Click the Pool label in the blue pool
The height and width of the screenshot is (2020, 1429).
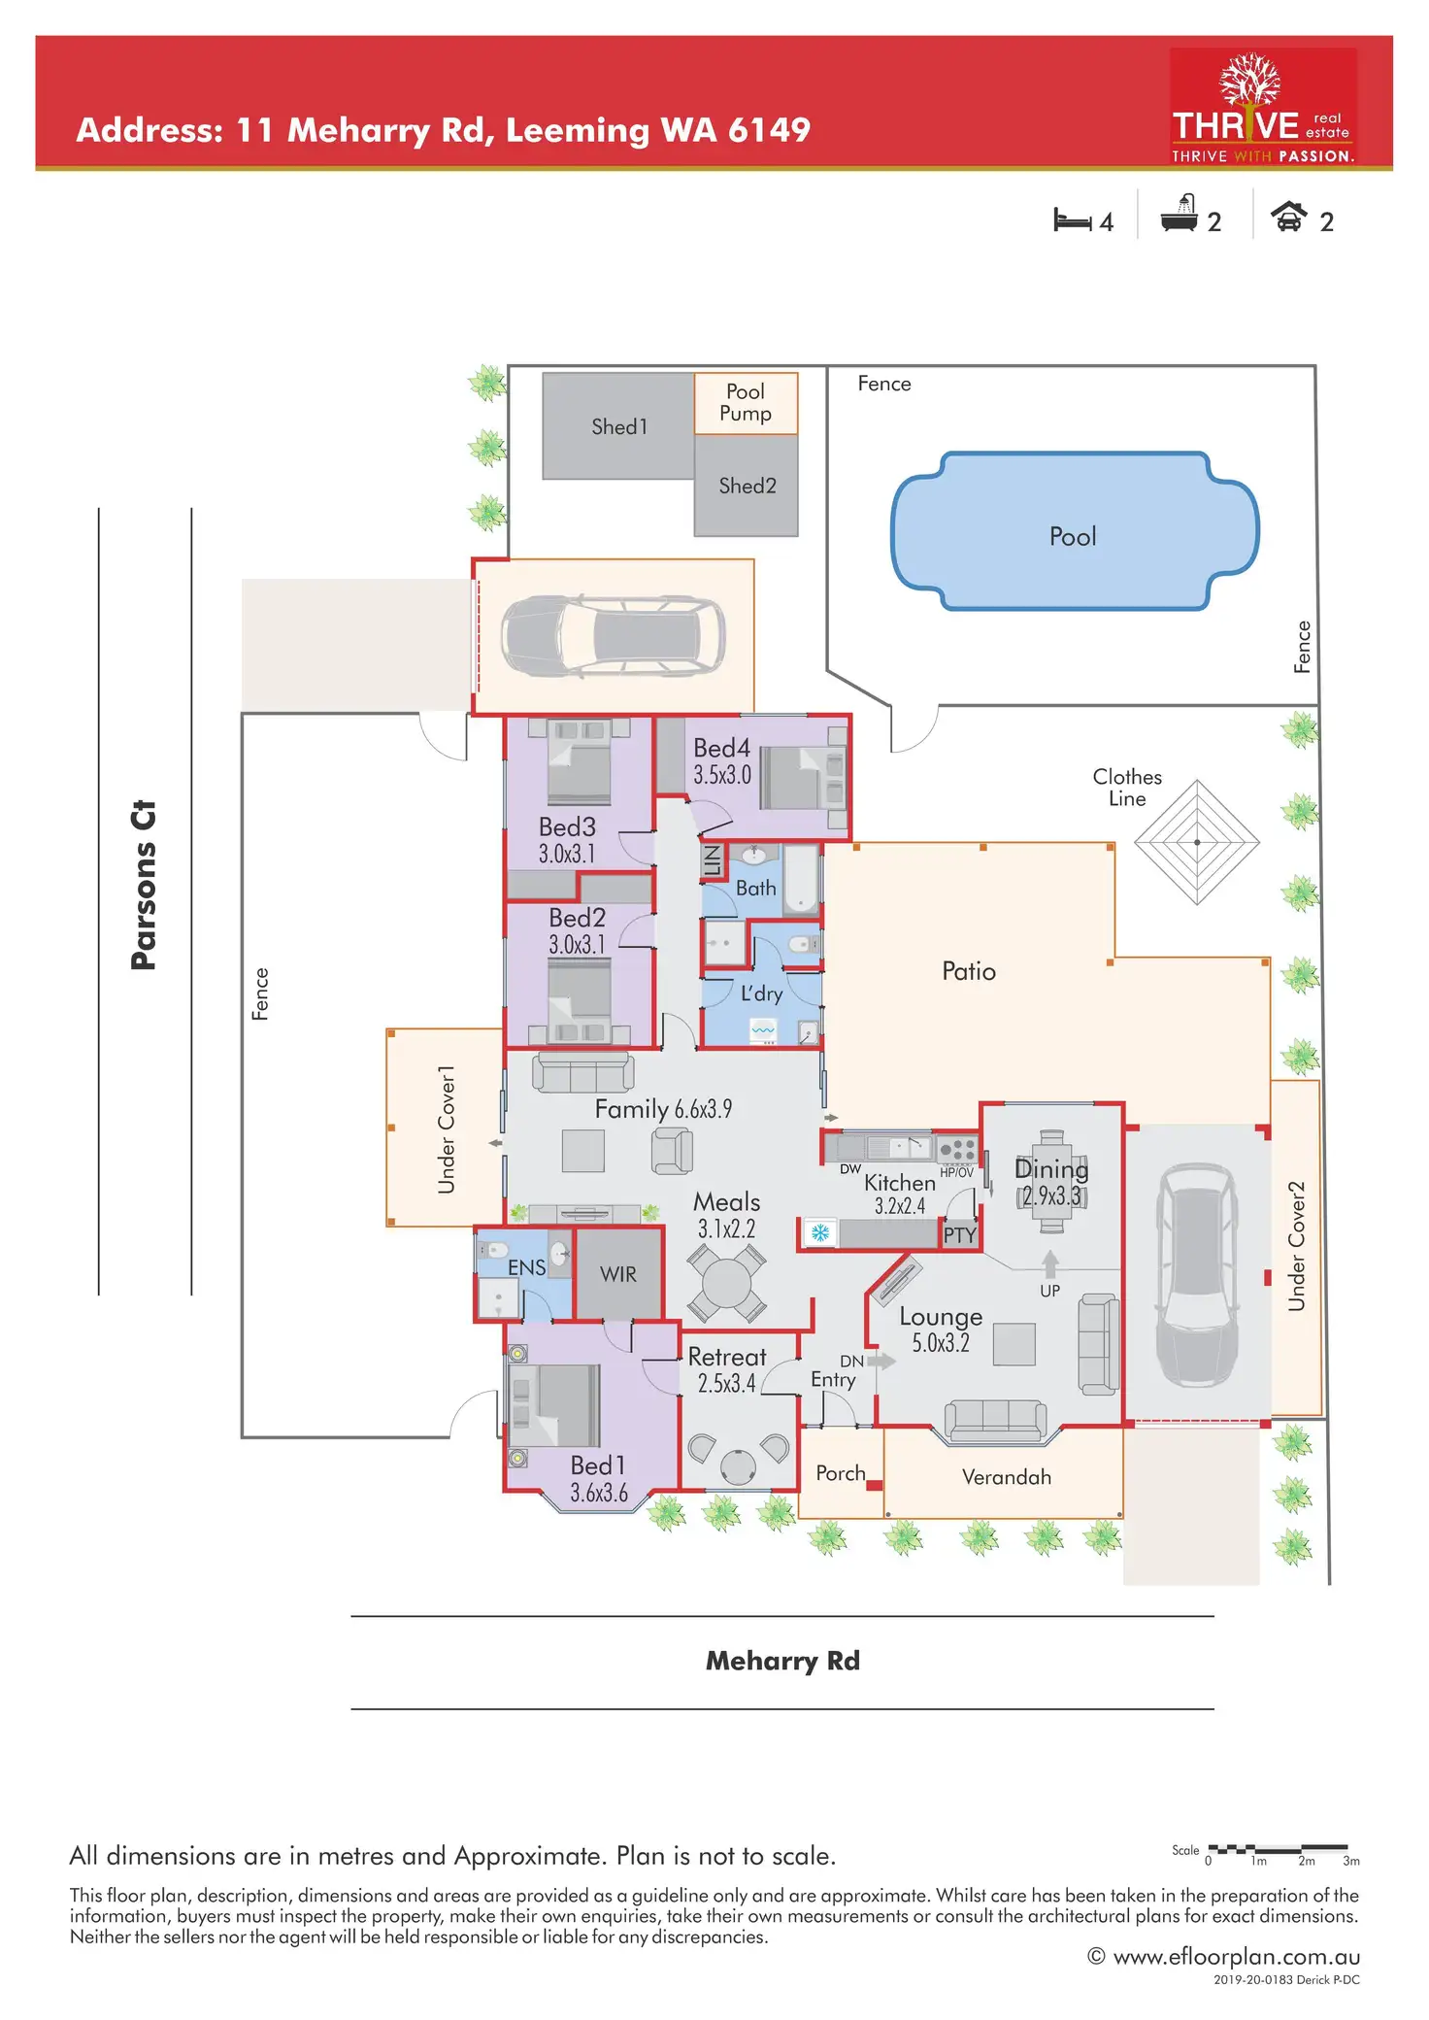1073,536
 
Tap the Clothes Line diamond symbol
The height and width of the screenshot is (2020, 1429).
1197,842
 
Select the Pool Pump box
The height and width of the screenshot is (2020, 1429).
746,403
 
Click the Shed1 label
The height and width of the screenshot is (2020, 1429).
618,426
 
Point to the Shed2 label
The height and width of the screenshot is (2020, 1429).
747,486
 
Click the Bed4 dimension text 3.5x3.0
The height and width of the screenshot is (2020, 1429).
721,775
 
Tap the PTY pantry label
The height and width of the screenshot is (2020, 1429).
959,1234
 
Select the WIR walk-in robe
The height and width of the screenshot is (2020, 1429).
618,1274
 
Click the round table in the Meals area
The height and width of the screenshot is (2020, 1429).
726,1284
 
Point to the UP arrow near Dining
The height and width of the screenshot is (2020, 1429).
1049,1264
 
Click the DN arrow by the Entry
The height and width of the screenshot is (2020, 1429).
881,1361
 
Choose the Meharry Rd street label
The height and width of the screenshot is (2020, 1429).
782,1661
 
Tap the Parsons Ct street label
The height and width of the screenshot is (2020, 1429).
144,885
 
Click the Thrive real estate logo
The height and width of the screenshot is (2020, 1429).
1262,107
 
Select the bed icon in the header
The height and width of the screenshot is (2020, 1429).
1072,220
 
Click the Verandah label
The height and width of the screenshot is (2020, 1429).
1006,1477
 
